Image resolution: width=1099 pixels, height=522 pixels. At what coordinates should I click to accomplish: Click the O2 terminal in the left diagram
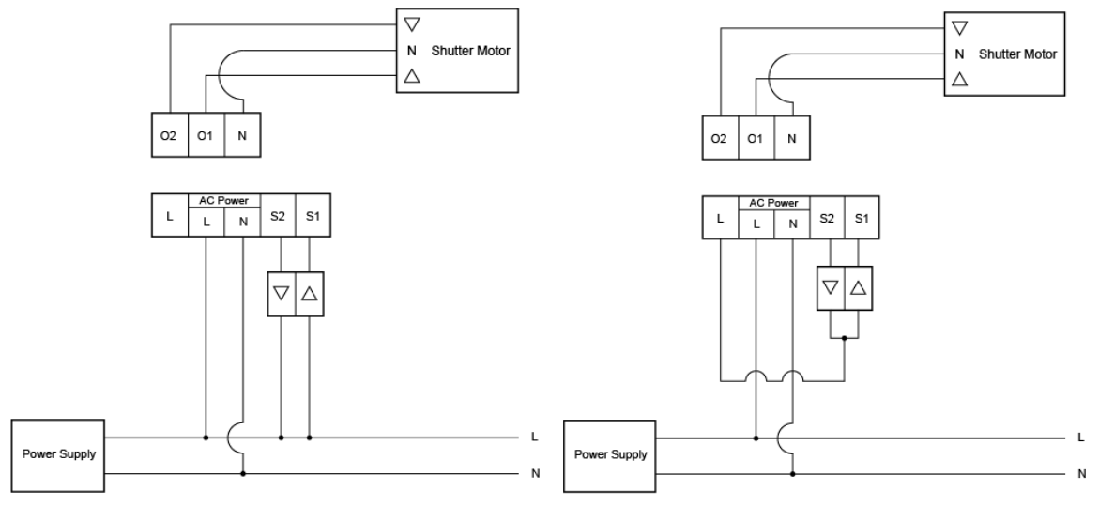(x=170, y=134)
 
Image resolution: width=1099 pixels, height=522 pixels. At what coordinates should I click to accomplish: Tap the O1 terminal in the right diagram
(x=756, y=138)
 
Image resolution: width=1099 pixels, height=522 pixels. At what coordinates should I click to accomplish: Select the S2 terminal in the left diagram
(x=278, y=215)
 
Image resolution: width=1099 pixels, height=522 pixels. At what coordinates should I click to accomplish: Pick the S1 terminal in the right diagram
(x=862, y=218)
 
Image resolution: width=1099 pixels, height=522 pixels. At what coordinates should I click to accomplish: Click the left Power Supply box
(x=58, y=455)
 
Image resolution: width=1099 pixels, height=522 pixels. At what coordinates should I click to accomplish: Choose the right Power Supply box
(x=610, y=456)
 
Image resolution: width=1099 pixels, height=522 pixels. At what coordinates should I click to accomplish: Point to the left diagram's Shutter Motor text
(x=470, y=51)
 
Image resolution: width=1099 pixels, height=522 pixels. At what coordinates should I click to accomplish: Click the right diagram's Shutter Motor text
(x=1017, y=54)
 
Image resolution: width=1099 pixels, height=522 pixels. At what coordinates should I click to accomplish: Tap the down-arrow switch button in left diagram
(x=281, y=294)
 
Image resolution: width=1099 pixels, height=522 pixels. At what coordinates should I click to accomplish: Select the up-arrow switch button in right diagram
(x=859, y=288)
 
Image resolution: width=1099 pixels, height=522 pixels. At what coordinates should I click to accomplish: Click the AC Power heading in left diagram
(x=223, y=201)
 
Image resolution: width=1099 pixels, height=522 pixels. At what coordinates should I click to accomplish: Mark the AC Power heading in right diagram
(x=773, y=203)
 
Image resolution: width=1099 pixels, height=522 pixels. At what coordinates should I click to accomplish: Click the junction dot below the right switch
(x=845, y=338)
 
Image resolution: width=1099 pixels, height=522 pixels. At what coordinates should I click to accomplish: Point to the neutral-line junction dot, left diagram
(x=243, y=473)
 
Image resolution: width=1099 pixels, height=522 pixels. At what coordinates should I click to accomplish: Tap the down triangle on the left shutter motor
(x=412, y=25)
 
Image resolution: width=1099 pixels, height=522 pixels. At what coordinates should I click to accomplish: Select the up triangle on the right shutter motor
(x=960, y=79)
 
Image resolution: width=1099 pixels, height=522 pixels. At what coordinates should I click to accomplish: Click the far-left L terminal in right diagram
(x=720, y=218)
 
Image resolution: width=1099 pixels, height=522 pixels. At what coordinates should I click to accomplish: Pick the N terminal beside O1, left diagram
(x=242, y=134)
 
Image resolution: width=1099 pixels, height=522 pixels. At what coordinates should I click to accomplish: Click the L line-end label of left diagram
(x=535, y=437)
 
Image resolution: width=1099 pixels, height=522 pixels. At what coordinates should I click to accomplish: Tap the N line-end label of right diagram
(x=1082, y=474)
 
